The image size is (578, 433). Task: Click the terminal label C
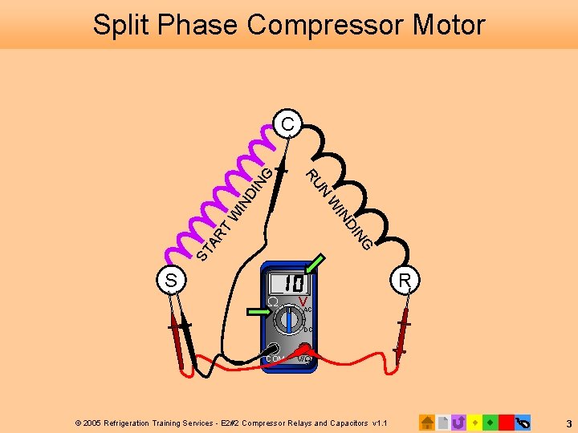pos(287,124)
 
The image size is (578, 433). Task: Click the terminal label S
pos(171,281)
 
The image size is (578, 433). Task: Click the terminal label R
pos(405,280)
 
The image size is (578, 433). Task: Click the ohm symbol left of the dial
pos(272,302)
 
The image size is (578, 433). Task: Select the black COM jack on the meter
pos(275,349)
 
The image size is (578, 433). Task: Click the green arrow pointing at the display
pos(315,264)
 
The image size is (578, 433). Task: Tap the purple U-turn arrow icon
pos(458,422)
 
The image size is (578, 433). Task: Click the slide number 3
pos(568,423)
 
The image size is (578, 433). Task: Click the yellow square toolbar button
pos(474,422)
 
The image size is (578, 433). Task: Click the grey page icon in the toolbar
pos(443,422)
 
